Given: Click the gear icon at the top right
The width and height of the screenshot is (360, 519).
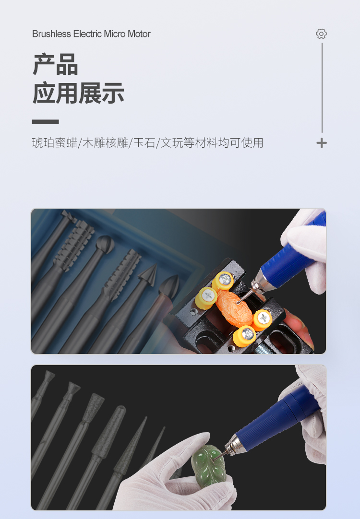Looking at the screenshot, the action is pos(321,34).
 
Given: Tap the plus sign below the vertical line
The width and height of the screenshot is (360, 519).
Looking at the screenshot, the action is pos(321,143).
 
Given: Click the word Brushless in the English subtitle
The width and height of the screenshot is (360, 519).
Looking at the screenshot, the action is pos(52,34).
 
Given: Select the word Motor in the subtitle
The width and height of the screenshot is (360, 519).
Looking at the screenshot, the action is pos(139,34).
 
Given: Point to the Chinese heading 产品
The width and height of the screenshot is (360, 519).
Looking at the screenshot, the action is pos(55,64).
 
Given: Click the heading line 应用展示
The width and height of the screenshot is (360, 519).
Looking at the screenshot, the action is pos(78,94).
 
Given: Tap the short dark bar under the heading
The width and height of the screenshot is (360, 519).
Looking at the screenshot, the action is pos(46,122).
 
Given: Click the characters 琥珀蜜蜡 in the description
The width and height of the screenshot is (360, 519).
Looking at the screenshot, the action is pos(54,143).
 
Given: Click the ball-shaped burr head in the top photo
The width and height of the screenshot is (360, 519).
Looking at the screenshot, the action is pos(105,245).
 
